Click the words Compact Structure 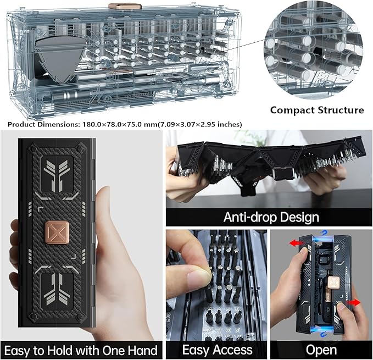click(316, 110)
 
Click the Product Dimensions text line click(125, 124)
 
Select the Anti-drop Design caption click(270, 217)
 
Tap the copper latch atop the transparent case click(119, 6)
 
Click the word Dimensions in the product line click(57, 124)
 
